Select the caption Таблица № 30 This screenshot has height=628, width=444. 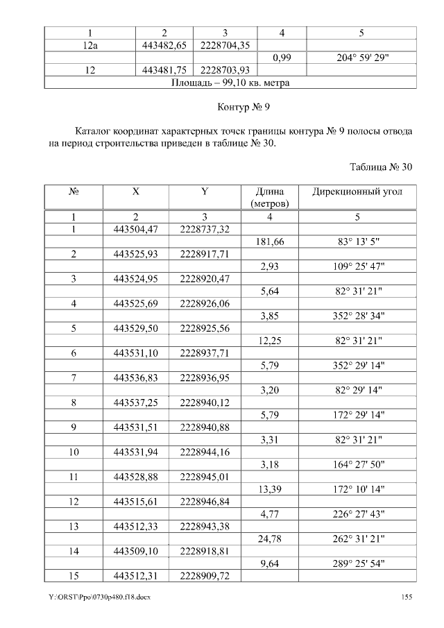coord(381,167)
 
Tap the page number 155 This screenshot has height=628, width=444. coord(407,597)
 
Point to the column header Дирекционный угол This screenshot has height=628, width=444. coord(357,191)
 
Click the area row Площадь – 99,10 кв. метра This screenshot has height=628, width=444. coord(230,83)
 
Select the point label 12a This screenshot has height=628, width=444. coord(88,45)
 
